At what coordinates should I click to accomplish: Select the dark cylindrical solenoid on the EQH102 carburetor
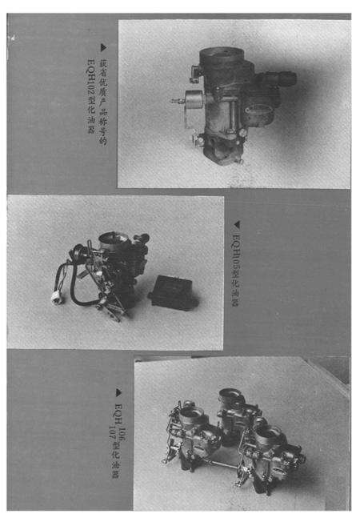(280, 79)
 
